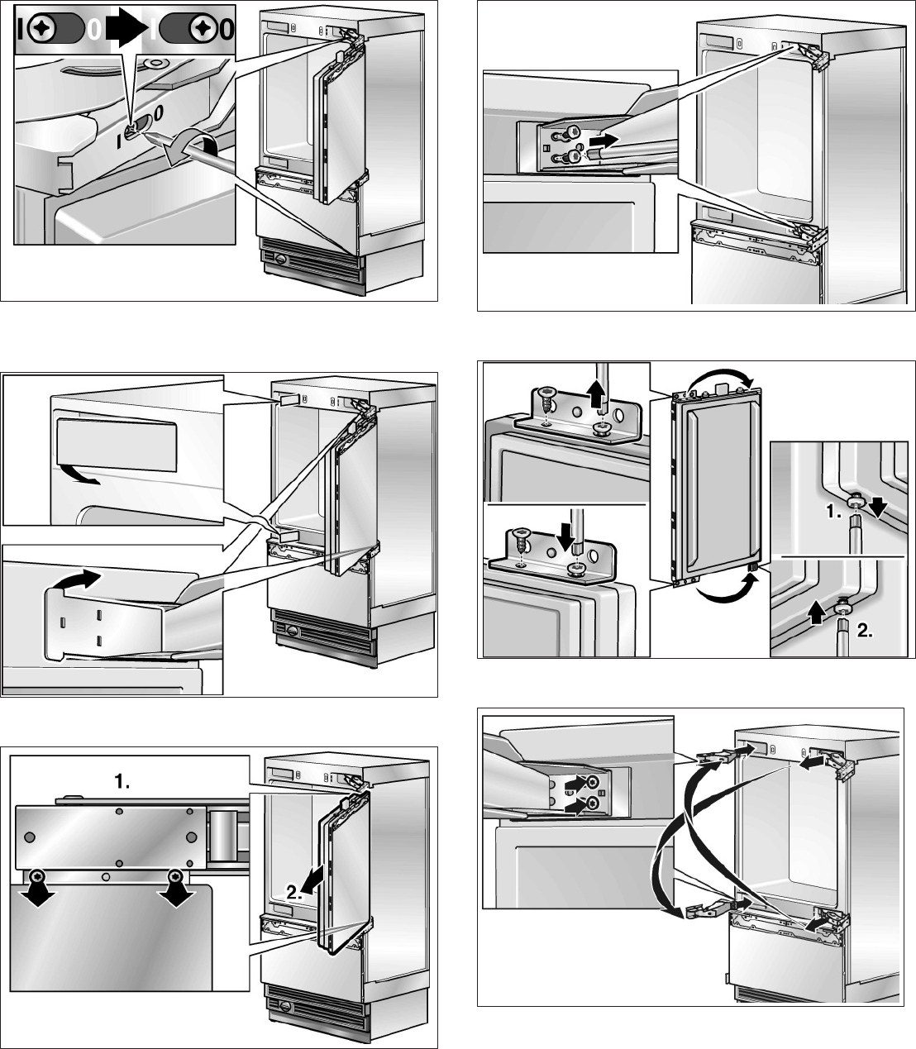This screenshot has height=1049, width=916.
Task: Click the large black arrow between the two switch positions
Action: pyautogui.click(x=126, y=29)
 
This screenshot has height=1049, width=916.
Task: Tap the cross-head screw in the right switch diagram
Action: pyautogui.click(x=199, y=29)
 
